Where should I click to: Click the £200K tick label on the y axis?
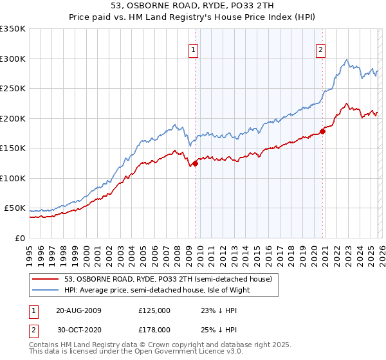point(13,118)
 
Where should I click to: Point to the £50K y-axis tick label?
point(15,208)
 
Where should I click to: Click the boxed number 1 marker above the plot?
point(194,51)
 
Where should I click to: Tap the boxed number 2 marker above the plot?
point(320,51)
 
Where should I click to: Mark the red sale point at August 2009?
point(195,163)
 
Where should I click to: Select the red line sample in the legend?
point(46,280)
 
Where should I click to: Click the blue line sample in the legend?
point(46,290)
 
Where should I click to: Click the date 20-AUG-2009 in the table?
point(78,310)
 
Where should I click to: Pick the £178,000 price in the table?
point(154,329)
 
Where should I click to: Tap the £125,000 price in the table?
point(154,310)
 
